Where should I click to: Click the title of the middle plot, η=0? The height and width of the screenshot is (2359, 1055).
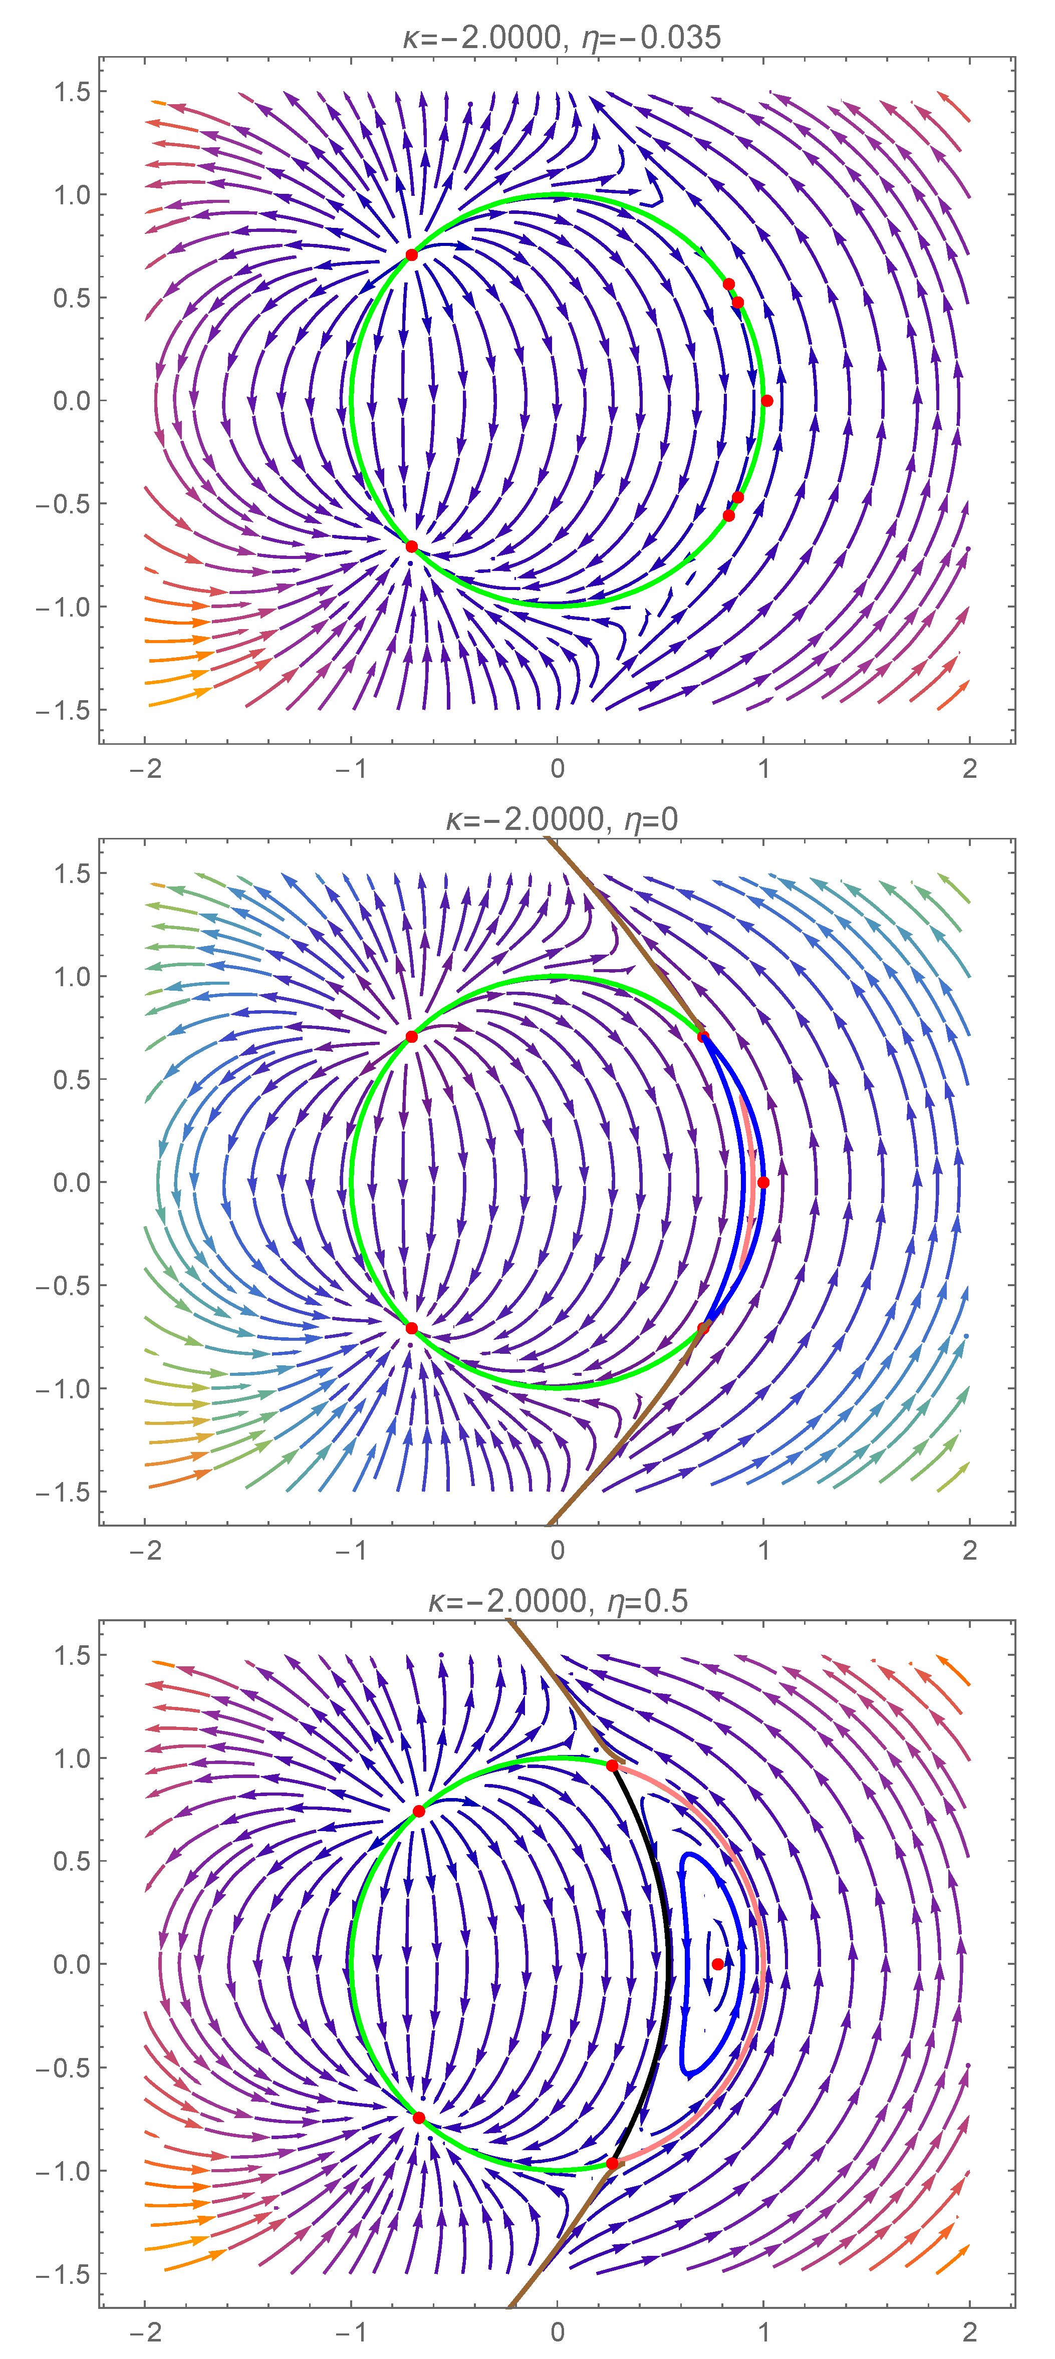coord(562,819)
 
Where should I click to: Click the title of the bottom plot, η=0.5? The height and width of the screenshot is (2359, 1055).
coord(558,1601)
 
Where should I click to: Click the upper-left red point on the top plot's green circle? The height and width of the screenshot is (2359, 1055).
coord(411,254)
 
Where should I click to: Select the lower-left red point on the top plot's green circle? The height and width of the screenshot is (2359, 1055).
coord(411,547)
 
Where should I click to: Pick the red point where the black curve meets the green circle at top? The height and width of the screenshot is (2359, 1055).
coord(612,1765)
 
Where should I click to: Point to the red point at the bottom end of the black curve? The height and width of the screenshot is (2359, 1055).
coord(612,2163)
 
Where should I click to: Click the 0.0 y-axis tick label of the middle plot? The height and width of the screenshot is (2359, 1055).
coord(72,1182)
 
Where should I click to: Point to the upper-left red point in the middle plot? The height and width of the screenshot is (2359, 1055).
coord(411,1037)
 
